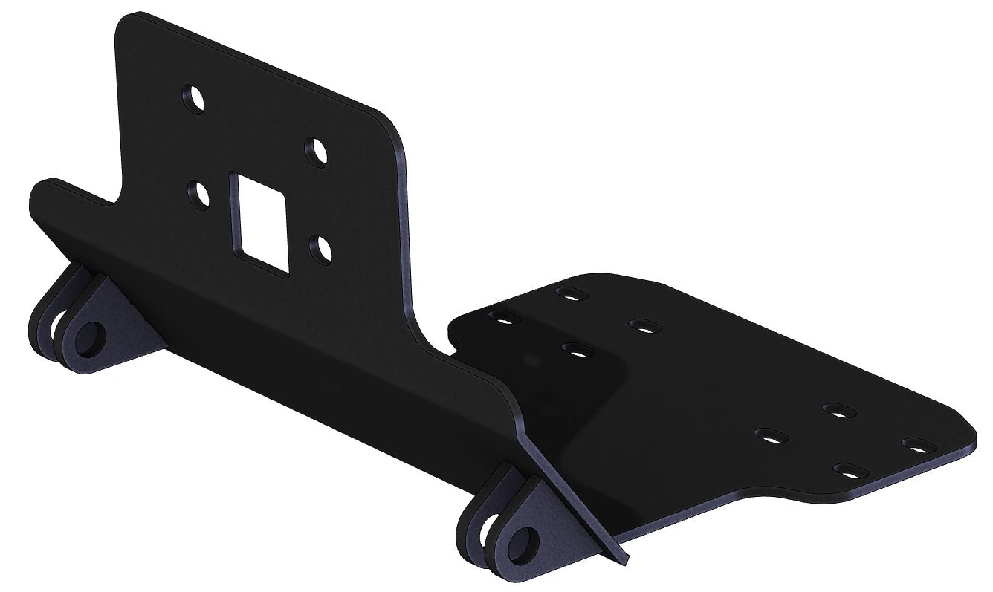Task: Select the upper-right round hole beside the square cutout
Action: (317, 151)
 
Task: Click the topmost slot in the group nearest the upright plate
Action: (569, 293)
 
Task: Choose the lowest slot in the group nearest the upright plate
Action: (575, 348)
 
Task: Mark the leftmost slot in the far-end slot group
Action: (769, 434)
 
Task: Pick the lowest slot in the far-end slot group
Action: (847, 469)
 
